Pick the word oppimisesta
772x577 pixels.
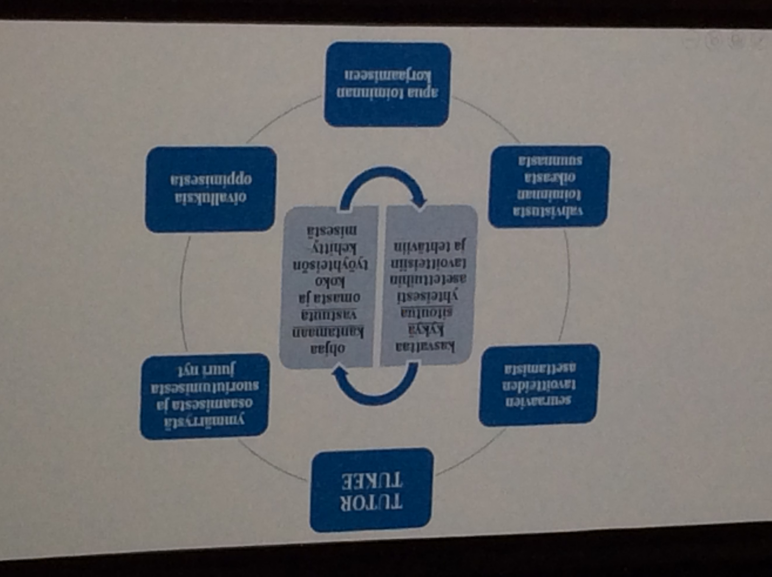click(211, 179)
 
